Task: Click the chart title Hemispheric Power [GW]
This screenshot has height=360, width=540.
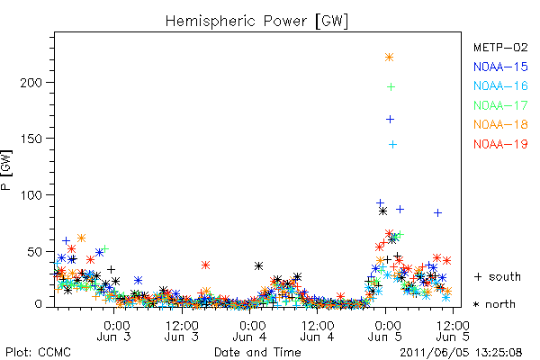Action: point(256,22)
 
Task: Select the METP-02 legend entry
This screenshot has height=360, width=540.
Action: point(500,47)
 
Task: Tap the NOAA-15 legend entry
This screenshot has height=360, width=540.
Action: point(500,67)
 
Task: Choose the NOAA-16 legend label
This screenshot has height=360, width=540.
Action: point(500,85)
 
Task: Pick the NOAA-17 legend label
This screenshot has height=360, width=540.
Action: point(500,105)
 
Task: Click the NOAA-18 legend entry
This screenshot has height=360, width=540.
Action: point(500,124)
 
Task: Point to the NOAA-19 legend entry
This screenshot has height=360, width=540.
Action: point(500,144)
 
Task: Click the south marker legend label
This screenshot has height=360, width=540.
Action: point(498,276)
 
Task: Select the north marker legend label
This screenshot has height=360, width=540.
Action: point(494,304)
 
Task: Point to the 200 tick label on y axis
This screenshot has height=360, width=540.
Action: point(31,83)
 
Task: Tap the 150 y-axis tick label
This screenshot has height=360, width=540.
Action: point(31,139)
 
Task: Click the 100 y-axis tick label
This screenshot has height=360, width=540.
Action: point(31,195)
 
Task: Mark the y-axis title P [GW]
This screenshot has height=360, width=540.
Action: point(6,170)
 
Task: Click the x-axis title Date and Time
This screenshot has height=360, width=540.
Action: point(257,352)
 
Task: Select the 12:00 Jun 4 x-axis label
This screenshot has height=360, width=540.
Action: point(317,331)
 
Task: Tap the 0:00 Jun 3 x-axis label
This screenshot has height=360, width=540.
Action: point(113,331)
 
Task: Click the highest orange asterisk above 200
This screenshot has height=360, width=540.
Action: point(389,58)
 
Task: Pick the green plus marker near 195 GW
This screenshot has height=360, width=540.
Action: point(391,86)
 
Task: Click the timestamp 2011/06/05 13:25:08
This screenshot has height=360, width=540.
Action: point(461,353)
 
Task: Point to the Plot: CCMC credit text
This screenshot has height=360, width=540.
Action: point(38,353)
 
